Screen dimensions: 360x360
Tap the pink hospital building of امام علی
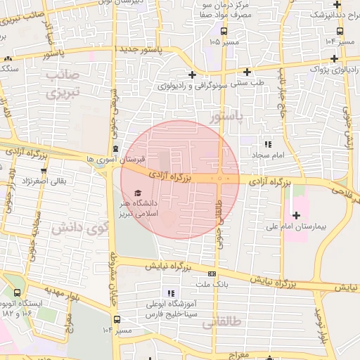296,211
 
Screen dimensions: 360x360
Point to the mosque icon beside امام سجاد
266,143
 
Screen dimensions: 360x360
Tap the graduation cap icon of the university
137,193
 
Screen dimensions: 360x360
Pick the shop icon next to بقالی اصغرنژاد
44,170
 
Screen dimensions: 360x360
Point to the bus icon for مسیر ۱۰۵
224,31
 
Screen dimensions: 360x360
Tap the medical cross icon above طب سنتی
247,71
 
